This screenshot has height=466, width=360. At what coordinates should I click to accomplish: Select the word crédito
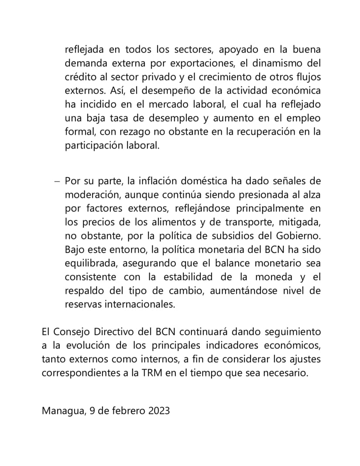tap(80, 77)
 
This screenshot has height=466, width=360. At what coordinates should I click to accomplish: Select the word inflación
tap(144, 181)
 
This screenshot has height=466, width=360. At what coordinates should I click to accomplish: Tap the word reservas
tap(83, 304)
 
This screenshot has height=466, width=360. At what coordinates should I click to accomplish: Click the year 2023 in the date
tap(155, 411)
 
